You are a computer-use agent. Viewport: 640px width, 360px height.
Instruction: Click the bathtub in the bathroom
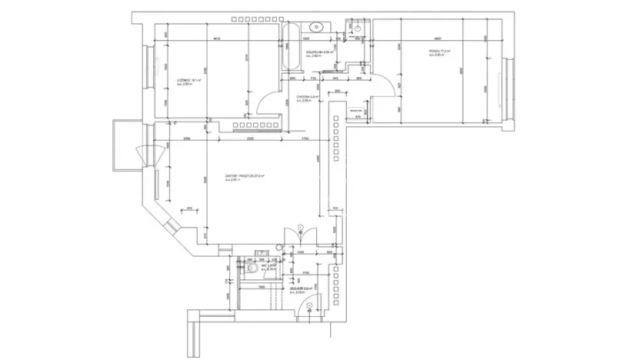[290, 51]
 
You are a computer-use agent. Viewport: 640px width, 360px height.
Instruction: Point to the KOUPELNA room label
[318, 53]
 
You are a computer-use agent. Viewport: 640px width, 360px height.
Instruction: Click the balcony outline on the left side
[124, 147]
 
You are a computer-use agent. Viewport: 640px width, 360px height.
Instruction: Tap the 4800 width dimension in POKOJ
[437, 39]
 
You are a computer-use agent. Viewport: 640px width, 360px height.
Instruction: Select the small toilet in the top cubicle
[356, 27]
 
